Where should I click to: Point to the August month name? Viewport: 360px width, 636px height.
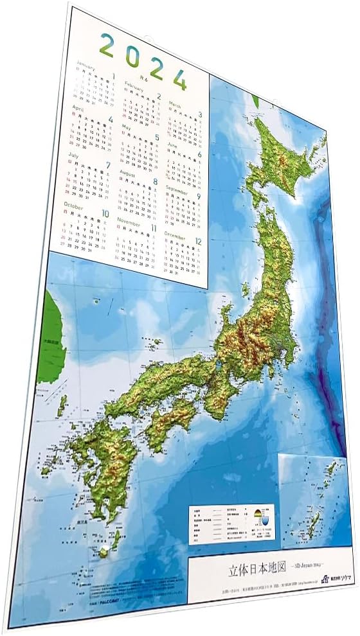(x=128, y=174)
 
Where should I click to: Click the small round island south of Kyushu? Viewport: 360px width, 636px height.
(x=103, y=551)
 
